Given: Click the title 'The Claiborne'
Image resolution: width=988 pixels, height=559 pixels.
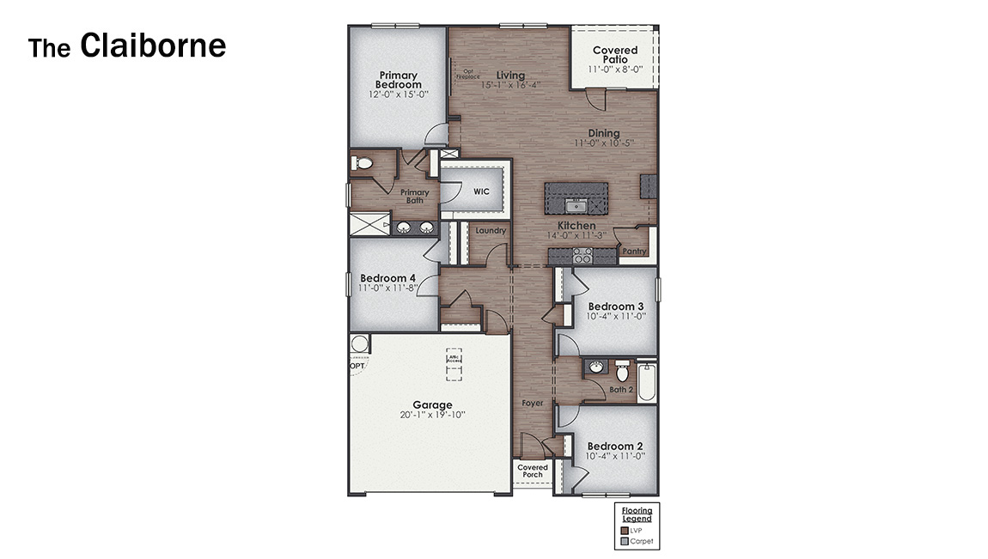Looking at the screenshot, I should pos(127,46).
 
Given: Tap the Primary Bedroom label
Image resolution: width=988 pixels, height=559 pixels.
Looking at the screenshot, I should pos(398,80).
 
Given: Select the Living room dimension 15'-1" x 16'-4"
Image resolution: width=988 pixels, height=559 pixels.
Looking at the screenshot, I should pos(510,85).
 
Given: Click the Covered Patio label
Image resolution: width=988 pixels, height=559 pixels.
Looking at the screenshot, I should pos(615,56).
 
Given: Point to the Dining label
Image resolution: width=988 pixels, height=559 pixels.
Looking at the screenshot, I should pos(603,133).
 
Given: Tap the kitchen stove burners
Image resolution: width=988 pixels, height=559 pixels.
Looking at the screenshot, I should pos(582,255).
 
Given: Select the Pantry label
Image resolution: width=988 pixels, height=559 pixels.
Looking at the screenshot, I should pos(634,252).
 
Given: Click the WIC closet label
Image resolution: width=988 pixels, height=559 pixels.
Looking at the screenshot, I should pos(481,191).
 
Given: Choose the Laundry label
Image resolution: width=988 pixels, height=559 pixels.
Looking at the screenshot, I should pos(491,231).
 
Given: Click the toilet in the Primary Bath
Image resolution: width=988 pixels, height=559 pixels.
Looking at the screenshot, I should pos(363,163).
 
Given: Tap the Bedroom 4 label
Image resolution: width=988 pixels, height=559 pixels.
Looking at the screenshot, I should pos(387,278).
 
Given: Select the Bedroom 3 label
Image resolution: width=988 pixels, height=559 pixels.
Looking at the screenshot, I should pos(615,307).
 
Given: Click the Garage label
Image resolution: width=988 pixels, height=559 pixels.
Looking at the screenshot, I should pos(432,405).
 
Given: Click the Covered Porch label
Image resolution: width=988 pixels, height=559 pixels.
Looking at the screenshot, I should pos(533,471).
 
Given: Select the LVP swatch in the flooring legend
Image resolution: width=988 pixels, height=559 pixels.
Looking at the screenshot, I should pos(624,531).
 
